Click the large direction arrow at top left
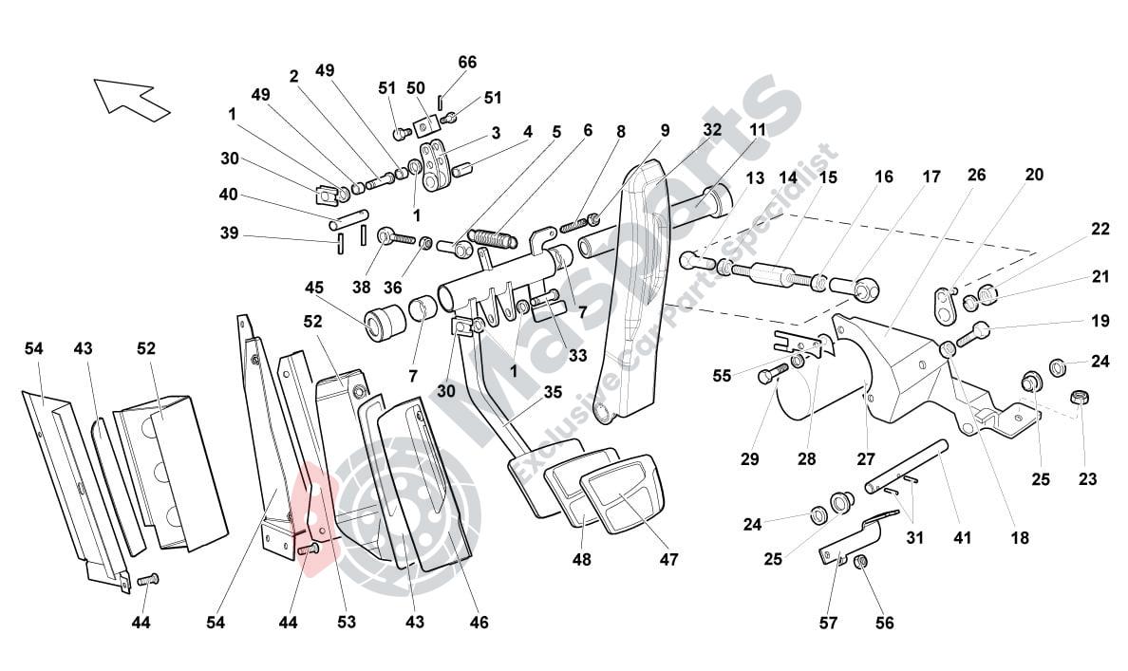coord(130,99)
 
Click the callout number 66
coord(467,62)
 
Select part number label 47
coord(668,560)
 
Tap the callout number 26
coord(976,175)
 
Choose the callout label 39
coord(228,234)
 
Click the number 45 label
coord(314,288)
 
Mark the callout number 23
coord(1087,480)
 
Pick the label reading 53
coord(347,623)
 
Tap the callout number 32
coord(712,129)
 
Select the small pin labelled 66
coord(441,101)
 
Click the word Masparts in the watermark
coord(608,285)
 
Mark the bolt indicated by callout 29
coord(770,373)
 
